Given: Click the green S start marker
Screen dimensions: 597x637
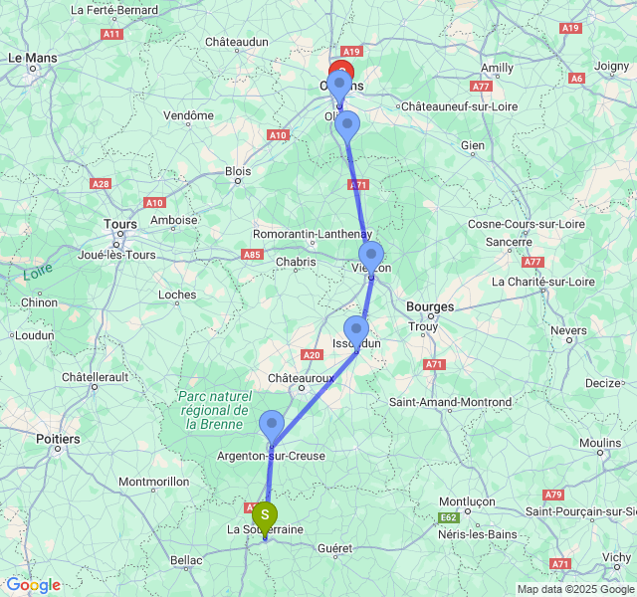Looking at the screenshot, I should tap(265, 515).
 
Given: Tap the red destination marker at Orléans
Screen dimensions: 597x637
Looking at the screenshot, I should tap(341, 75).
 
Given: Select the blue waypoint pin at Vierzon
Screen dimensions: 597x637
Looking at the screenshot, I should tap(371, 255).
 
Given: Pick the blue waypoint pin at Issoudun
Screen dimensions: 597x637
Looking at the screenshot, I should tap(355, 329).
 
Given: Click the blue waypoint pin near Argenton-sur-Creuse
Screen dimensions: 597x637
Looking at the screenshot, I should tap(272, 425).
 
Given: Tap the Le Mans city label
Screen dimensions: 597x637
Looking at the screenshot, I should tap(33, 59).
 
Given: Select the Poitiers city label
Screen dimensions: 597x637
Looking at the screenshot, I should tap(57, 438).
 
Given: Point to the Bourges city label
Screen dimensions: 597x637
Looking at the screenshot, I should tap(430, 306).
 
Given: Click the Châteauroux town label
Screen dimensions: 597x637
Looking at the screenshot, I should tap(301, 379).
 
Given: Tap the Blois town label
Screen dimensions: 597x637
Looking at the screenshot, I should tap(238, 171).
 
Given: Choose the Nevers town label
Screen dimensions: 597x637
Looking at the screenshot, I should tap(568, 330).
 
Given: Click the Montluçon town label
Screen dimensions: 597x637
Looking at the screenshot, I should tap(467, 502).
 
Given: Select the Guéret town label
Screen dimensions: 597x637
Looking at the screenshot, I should tap(334, 548).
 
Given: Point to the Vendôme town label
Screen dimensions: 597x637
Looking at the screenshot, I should tap(189, 115).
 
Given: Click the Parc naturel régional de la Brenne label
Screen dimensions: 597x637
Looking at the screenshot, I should tap(213, 410).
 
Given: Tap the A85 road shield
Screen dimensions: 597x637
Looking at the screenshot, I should tap(251, 255).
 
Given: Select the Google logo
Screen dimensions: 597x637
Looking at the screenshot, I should tap(33, 585).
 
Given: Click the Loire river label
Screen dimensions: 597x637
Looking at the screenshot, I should tap(39, 272).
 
